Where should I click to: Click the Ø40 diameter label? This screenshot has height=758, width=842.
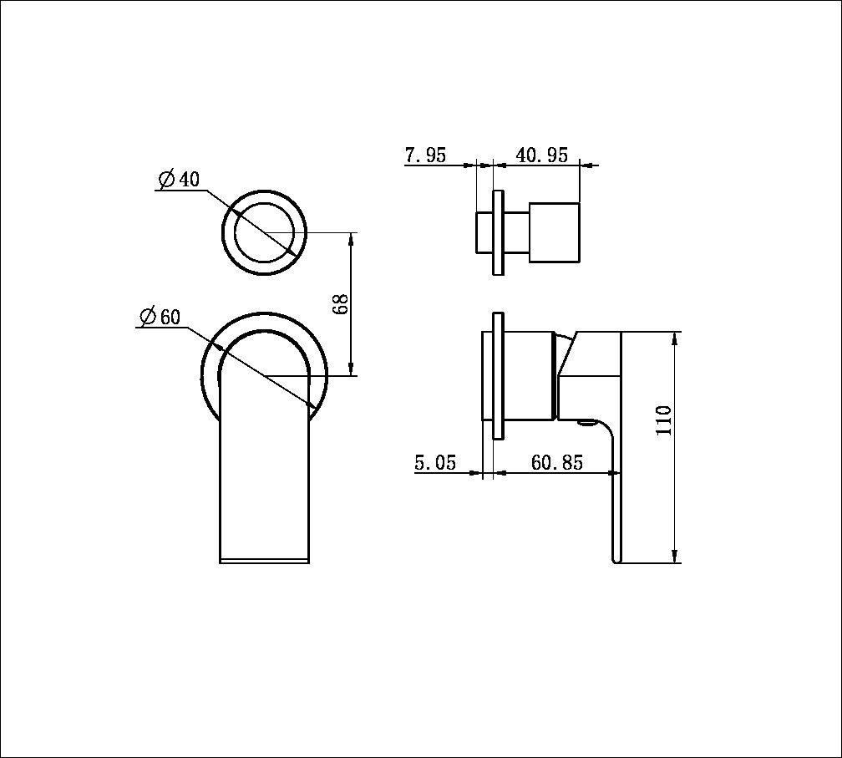point(179,179)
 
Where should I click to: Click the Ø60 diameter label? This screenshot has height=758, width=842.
point(160,317)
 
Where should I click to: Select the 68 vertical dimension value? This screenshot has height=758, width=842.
point(340,304)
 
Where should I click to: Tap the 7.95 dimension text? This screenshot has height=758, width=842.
point(425,155)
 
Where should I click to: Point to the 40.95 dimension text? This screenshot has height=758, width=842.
point(541,155)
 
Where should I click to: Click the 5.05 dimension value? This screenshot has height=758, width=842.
point(435,463)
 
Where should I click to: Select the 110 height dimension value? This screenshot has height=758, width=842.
point(664,420)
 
